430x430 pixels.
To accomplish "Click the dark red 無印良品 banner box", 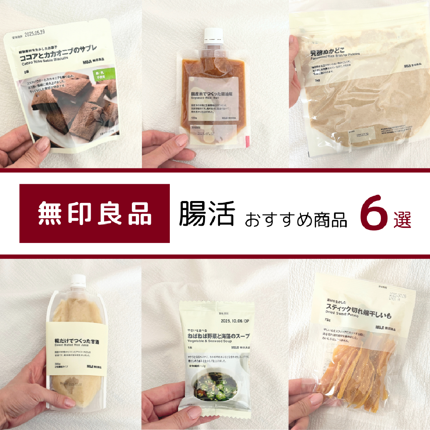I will point(95,214).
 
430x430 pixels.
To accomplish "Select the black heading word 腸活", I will point(207,214).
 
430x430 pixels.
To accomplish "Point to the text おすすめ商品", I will point(296,219).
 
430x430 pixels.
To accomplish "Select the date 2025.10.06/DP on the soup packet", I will point(235,321).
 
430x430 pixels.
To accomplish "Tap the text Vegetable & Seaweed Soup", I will point(210,341).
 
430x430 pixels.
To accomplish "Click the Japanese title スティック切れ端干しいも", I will point(358,311).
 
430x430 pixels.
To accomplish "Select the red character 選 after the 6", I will point(402,220).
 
